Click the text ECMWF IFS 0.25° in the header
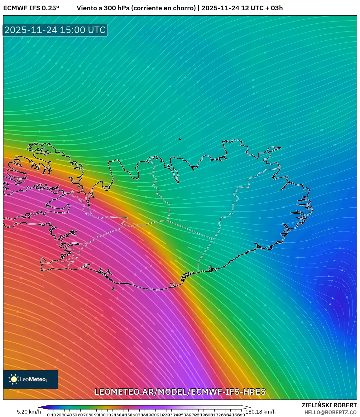[x=31, y=8]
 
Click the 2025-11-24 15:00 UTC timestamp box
[x=55, y=30]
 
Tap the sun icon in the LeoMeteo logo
[x=14, y=379]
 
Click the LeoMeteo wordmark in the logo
[x=34, y=379]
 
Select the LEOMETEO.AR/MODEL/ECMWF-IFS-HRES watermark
[x=180, y=392]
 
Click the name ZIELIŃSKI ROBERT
[x=329, y=405]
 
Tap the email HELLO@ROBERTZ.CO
[x=330, y=412]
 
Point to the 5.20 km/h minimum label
[x=29, y=412]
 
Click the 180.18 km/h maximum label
[x=261, y=412]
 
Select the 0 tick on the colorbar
[x=48, y=415]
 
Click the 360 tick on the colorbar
[x=241, y=415]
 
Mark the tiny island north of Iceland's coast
[x=180, y=139]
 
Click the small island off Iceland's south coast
[x=113, y=289]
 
